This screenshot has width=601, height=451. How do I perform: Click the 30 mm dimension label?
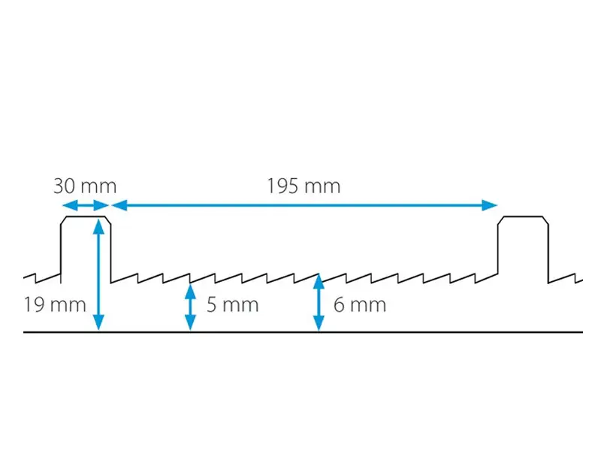coord(85,186)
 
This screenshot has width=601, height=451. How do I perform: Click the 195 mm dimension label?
coord(304,186)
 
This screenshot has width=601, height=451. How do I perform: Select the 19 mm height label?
coord(55,305)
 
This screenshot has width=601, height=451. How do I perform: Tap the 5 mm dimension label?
coord(233,305)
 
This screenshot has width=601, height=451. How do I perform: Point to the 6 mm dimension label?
coord(360,305)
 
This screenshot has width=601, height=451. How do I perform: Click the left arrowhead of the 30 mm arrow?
coord(70,205)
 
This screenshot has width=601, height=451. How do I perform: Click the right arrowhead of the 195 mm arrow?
coord(490,205)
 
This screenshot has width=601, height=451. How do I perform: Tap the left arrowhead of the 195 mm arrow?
coord(119,205)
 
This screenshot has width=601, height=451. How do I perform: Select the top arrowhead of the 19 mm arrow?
coord(98,226)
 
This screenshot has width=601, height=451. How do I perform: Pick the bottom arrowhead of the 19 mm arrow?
coord(98,322)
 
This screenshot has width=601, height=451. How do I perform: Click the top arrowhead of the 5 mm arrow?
coord(191,291)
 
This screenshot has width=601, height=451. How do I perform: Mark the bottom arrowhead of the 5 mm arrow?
coord(191,322)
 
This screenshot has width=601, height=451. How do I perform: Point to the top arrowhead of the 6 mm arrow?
coord(319,281)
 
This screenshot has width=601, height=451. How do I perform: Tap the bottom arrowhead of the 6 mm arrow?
coord(319,322)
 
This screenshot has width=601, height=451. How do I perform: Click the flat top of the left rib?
coord(86,216)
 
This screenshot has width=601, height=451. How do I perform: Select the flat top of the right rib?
coord(523,216)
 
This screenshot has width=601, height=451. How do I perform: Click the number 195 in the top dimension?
coord(282,186)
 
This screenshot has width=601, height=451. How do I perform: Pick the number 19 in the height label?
coord(35,305)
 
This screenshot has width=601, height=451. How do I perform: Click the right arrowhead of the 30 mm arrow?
coord(101,205)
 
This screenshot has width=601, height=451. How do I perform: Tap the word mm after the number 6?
coord(368,307)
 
